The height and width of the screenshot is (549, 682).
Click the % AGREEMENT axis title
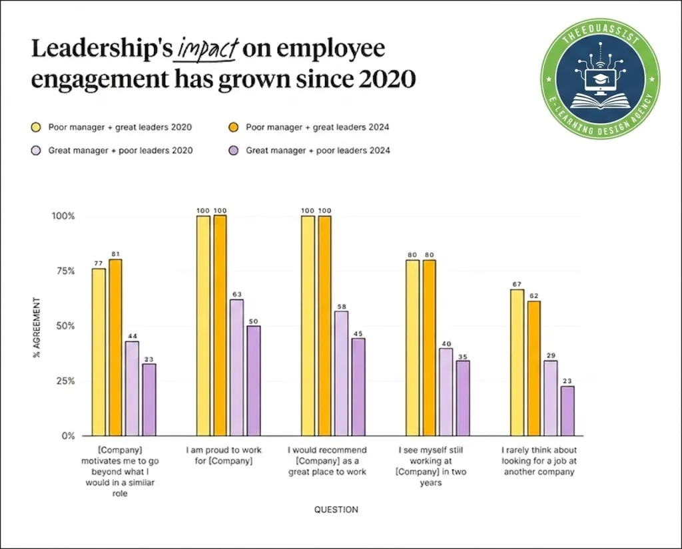pos(37,326)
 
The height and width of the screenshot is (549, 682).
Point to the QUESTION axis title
pos(336,510)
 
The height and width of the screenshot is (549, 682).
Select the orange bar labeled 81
pos(116,347)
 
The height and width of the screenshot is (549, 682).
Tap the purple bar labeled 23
pos(567,411)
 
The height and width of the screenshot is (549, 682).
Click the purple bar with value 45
pos(358,387)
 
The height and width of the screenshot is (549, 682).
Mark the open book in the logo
pos(600,102)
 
